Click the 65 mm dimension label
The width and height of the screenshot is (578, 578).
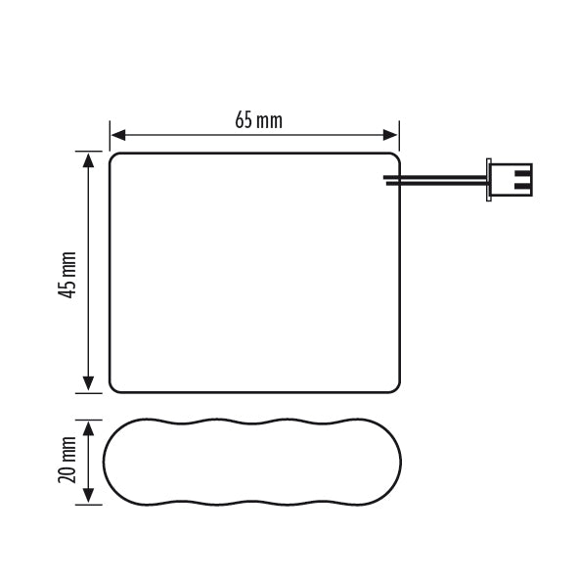[259, 120]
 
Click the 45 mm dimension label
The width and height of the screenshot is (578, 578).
[67, 275]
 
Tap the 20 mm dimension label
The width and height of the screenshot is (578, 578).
[67, 460]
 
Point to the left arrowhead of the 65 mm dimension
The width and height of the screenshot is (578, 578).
[118, 135]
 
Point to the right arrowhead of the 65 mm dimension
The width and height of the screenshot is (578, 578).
[390, 135]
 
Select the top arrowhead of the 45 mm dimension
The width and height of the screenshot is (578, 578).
[88, 160]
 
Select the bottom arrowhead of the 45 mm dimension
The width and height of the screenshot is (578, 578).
[88, 383]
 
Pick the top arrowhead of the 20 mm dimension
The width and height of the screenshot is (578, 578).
[88, 428]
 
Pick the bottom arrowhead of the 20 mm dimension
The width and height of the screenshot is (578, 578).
[88, 496]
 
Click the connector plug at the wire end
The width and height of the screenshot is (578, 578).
[510, 180]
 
